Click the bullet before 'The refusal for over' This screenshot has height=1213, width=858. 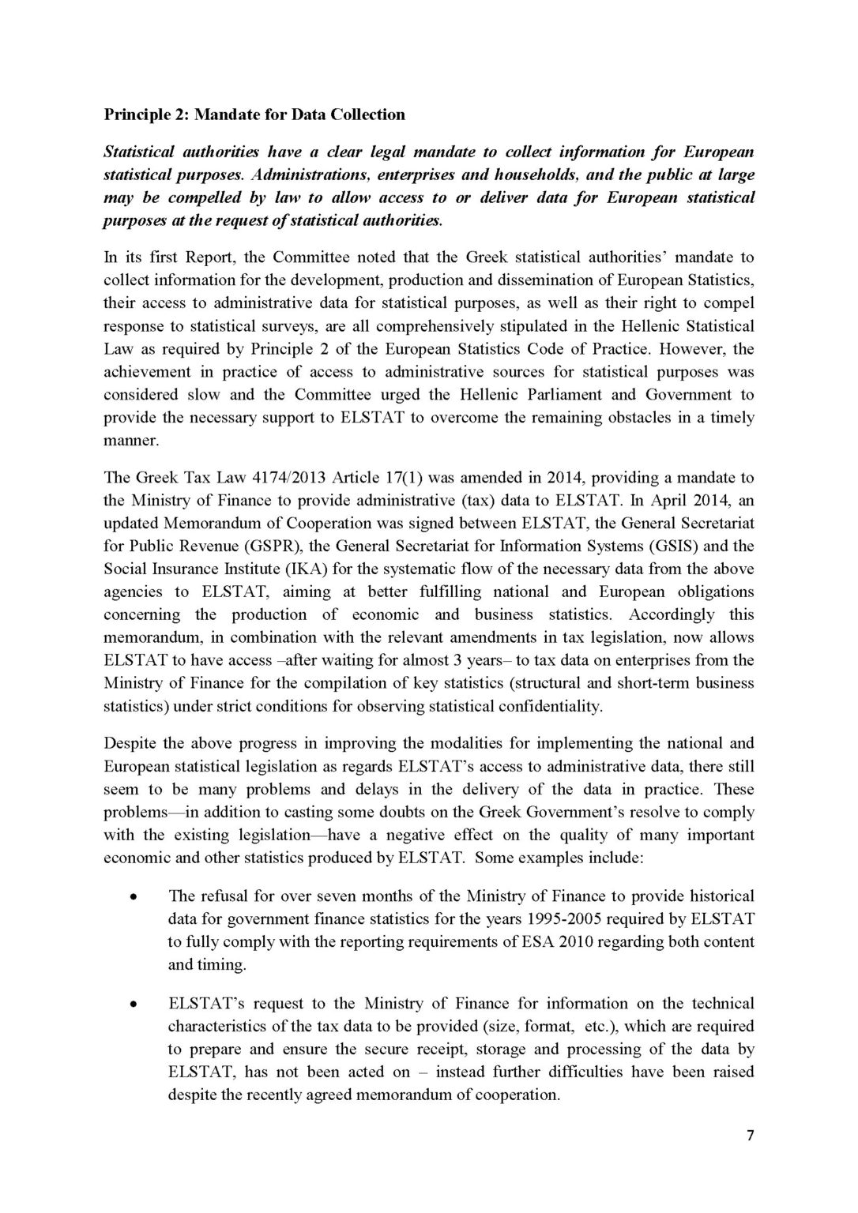coord(134,898)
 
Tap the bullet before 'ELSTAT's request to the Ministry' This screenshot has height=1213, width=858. coord(134,1005)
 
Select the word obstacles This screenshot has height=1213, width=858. coord(634,417)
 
